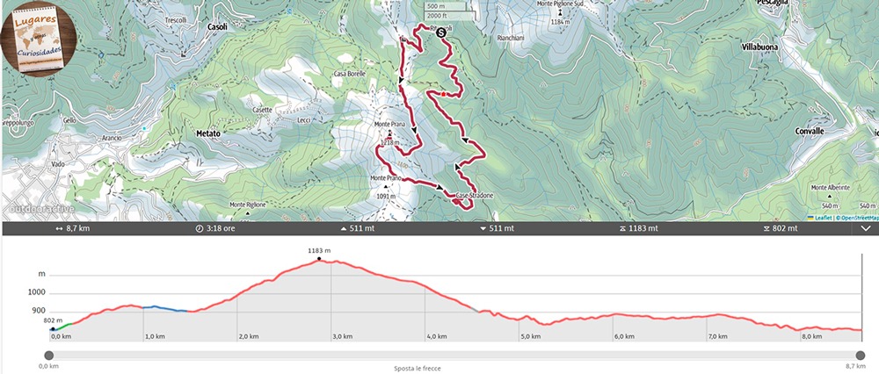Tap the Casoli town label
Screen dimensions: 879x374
[x=216, y=27]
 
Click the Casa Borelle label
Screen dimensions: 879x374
[x=349, y=74]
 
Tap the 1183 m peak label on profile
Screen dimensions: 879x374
[x=319, y=251]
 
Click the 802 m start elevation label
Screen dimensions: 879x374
[x=53, y=321]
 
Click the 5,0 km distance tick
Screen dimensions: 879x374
[x=529, y=336]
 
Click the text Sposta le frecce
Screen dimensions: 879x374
[x=418, y=369]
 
